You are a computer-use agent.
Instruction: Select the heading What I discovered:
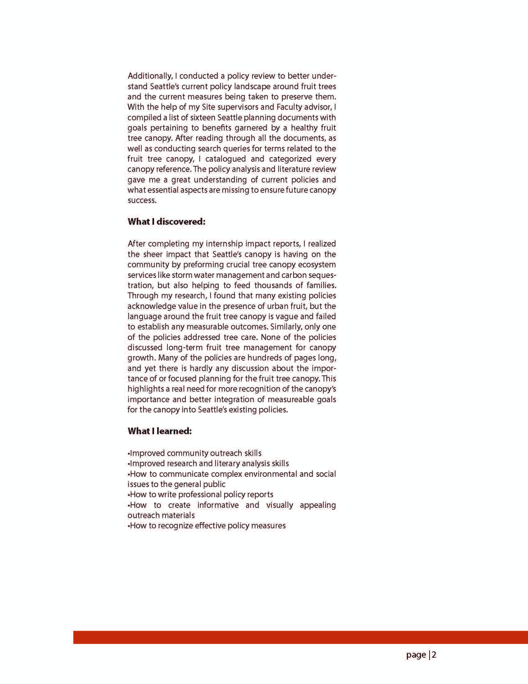point(166,222)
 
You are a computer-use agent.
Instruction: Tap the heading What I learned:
point(160,431)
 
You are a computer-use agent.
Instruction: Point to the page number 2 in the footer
point(434,654)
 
